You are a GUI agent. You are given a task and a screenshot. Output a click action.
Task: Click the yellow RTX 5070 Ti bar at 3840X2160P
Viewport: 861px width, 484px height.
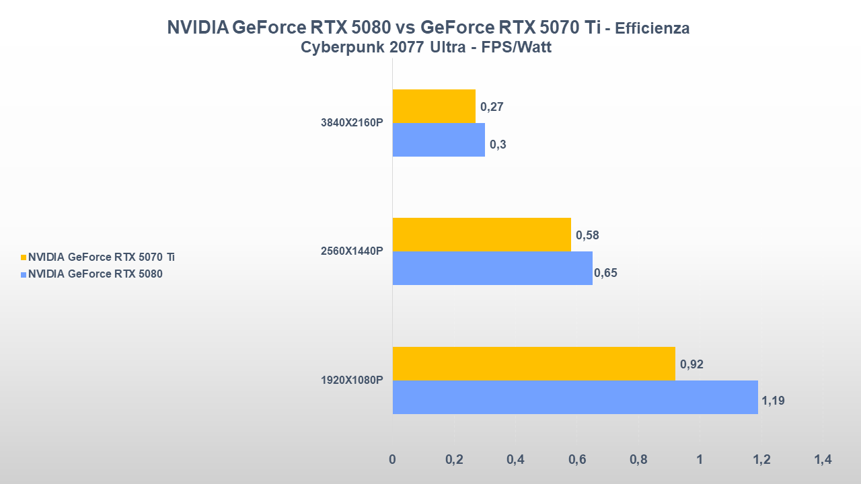click(x=434, y=106)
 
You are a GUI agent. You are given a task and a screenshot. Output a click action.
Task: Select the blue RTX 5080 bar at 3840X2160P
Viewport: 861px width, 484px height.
click(x=439, y=140)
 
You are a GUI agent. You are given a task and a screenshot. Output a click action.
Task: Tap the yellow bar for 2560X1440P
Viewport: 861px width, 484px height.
click(x=482, y=235)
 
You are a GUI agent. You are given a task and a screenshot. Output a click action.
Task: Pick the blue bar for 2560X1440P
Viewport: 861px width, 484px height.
click(x=492, y=268)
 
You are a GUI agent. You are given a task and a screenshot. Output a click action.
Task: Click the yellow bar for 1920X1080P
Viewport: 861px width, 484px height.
click(x=533, y=364)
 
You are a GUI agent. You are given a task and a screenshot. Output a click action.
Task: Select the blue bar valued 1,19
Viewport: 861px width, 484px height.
click(x=575, y=397)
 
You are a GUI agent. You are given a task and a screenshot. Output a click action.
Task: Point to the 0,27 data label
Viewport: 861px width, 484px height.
click(x=492, y=106)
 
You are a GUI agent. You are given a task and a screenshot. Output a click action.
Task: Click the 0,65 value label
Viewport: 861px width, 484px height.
click(x=605, y=273)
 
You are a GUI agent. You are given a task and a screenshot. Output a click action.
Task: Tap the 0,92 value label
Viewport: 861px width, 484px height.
click(x=691, y=364)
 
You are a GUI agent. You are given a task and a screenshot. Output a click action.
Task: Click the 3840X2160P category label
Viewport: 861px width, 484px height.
click(x=352, y=123)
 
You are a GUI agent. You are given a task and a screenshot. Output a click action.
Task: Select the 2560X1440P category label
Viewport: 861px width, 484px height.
click(x=352, y=251)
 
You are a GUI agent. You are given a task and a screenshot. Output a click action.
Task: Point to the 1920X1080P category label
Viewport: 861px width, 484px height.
click(x=352, y=380)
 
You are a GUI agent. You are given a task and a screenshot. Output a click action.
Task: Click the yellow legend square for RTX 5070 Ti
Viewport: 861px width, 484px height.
click(x=24, y=257)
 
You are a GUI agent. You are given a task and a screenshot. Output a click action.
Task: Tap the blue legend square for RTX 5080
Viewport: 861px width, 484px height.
click(x=24, y=274)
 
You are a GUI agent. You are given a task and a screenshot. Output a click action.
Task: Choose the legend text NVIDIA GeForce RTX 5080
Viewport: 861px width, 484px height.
click(x=95, y=274)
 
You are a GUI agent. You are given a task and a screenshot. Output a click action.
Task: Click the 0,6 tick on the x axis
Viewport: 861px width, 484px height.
click(x=577, y=460)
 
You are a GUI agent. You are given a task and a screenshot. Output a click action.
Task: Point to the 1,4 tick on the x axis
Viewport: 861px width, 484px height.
click(x=823, y=460)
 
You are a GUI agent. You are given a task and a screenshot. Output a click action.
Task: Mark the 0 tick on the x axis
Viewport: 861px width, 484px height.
click(x=393, y=460)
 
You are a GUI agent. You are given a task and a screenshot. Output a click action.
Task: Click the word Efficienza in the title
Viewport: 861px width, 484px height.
click(x=652, y=29)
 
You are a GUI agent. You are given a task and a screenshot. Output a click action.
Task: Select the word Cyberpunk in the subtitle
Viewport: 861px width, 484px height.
click(x=334, y=48)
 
